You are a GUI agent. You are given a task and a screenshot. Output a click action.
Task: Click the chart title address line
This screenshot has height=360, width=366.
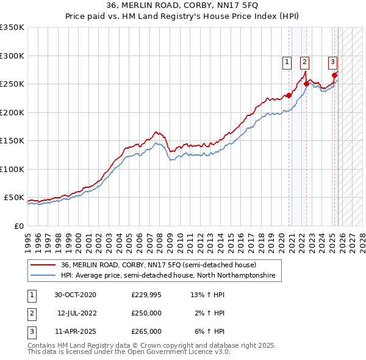click(183, 5)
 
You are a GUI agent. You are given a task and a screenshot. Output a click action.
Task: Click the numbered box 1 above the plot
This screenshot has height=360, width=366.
click(287, 61)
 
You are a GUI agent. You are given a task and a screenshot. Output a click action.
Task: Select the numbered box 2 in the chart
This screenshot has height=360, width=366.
click(304, 61)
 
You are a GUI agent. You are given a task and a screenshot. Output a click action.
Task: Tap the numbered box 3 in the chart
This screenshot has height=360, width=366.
click(332, 61)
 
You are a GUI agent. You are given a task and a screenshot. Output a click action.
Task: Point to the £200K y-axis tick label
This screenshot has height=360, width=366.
click(12, 112)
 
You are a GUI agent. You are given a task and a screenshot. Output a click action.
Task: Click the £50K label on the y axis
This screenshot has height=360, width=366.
click(13, 198)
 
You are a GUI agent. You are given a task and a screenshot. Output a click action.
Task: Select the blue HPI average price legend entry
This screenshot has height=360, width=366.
click(168, 276)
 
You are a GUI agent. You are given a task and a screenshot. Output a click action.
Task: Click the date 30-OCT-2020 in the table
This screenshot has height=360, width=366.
click(75, 295)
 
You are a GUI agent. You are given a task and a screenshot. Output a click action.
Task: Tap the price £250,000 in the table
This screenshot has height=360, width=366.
click(146, 313)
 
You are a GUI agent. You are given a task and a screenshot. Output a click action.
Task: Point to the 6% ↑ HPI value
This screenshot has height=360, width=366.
click(209, 331)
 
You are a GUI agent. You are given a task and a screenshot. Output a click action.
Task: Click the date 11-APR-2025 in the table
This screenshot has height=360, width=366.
click(75, 331)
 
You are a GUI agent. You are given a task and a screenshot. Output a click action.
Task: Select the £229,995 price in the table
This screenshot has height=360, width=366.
click(146, 295)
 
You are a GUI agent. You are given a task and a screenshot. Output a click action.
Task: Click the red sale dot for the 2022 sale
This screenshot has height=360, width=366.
click(306, 84)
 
